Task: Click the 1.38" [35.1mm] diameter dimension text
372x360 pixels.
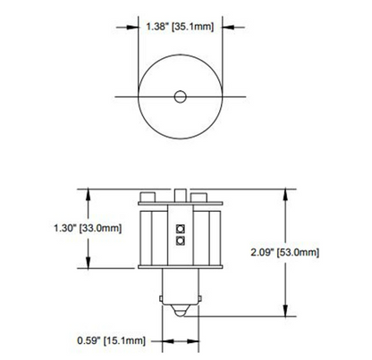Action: click(x=180, y=27)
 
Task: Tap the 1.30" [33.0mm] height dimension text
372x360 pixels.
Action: click(x=88, y=229)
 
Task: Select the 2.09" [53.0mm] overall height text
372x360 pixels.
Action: click(x=284, y=253)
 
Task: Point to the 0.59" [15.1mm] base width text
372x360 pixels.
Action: click(x=111, y=340)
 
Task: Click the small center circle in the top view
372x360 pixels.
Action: click(x=180, y=96)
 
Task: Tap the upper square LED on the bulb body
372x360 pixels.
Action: click(x=180, y=229)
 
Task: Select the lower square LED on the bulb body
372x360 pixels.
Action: click(x=180, y=240)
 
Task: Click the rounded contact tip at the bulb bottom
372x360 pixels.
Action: click(x=180, y=311)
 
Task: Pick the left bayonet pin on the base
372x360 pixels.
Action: click(x=161, y=298)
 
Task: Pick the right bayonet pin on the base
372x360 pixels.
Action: click(x=199, y=298)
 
